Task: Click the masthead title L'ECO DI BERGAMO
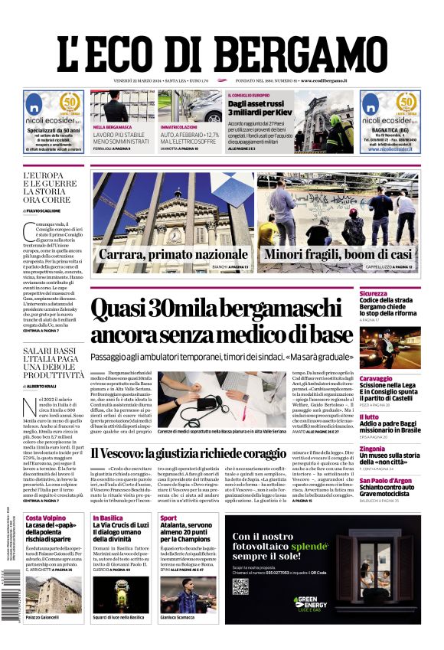[x=222, y=46]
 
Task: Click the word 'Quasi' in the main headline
[x=122, y=310]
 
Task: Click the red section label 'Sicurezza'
[x=395, y=293]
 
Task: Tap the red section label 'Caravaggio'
[x=398, y=378]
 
